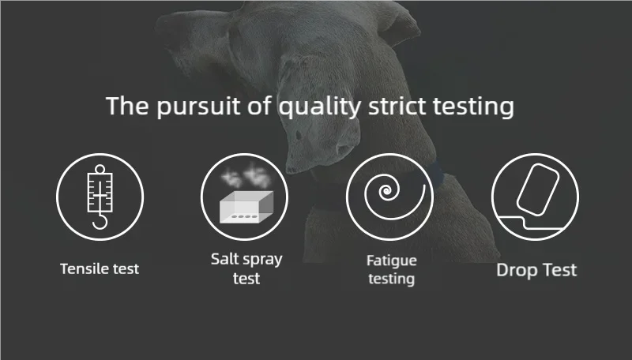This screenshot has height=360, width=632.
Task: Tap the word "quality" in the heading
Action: tap(320, 107)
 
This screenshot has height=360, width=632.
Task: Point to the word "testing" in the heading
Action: tap(473, 107)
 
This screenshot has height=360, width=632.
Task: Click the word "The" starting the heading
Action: tap(127, 106)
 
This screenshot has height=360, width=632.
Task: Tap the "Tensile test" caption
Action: tap(100, 268)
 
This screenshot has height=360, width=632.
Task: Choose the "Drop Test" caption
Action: tap(536, 270)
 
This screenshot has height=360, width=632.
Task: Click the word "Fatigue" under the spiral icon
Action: tap(392, 261)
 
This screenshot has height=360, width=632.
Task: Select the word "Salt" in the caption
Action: tap(226, 259)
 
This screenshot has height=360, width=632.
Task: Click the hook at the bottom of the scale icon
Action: tap(100, 221)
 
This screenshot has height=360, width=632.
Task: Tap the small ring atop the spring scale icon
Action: tap(100, 169)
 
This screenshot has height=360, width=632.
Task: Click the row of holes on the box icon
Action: tap(243, 216)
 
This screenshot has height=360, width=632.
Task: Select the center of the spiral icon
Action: tap(386, 190)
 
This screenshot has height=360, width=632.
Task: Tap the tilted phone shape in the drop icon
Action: tap(538, 189)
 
